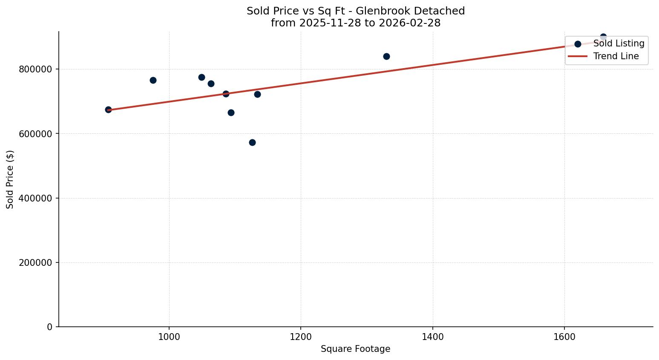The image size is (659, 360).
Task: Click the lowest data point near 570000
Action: click(252, 142)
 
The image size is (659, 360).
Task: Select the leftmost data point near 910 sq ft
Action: click(108, 109)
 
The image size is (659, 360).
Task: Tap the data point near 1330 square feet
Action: click(386, 56)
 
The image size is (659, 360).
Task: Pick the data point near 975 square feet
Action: click(153, 80)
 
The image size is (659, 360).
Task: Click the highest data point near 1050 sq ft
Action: click(201, 77)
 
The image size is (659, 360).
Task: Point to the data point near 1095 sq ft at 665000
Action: click(231, 112)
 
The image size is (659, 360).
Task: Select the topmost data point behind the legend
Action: click(603, 37)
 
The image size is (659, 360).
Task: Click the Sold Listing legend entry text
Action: click(619, 43)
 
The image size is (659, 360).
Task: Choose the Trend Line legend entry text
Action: click(616, 56)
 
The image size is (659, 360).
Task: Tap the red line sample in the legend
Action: click(578, 56)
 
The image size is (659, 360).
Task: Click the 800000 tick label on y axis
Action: click(36, 69)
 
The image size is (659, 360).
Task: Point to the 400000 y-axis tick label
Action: click(36, 198)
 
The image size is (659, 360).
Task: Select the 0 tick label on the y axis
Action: click(50, 327)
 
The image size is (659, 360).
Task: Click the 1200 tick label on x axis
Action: click(301, 337)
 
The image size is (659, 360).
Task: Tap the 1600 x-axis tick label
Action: click(564, 337)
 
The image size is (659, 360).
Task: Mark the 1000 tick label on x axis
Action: click(169, 337)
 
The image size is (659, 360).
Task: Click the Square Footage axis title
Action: click(355, 349)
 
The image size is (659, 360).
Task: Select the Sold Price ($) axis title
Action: click(10, 179)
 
